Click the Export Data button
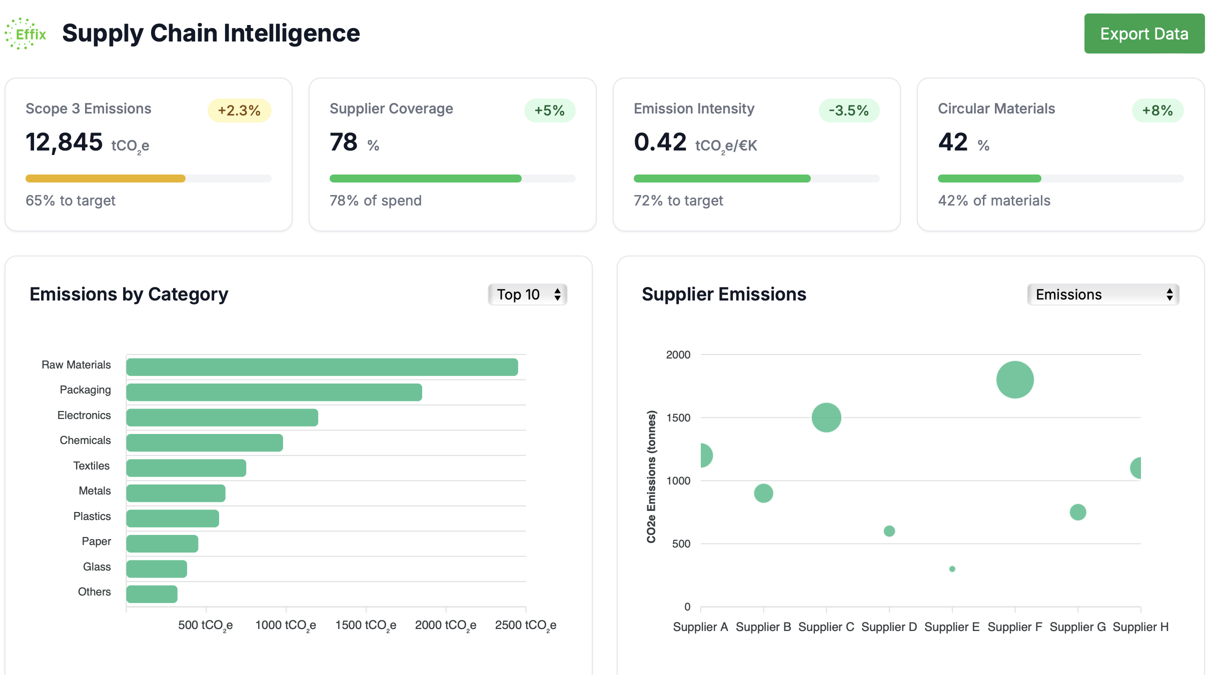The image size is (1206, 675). click(x=1143, y=33)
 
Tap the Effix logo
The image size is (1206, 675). click(x=26, y=33)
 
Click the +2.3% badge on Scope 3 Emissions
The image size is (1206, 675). click(x=239, y=110)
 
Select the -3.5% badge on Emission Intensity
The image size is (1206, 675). click(x=848, y=110)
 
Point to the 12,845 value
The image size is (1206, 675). click(x=64, y=142)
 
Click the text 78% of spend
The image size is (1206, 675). click(x=375, y=200)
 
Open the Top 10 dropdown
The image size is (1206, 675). click(x=527, y=294)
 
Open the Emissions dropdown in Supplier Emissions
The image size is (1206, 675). click(x=1102, y=294)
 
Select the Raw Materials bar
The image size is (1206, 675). click(x=322, y=367)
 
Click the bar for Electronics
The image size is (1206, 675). click(x=222, y=417)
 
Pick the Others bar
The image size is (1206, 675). click(x=152, y=594)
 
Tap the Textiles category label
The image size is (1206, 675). click(x=91, y=465)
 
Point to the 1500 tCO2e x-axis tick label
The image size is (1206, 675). click(x=366, y=625)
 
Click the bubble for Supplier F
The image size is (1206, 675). click(x=1014, y=379)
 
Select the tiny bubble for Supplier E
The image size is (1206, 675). click(x=952, y=569)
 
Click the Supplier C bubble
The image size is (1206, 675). click(x=826, y=417)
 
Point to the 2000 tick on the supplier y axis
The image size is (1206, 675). click(x=678, y=354)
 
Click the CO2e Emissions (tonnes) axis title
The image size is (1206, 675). click(x=651, y=476)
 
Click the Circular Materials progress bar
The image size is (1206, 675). click(x=1060, y=178)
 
